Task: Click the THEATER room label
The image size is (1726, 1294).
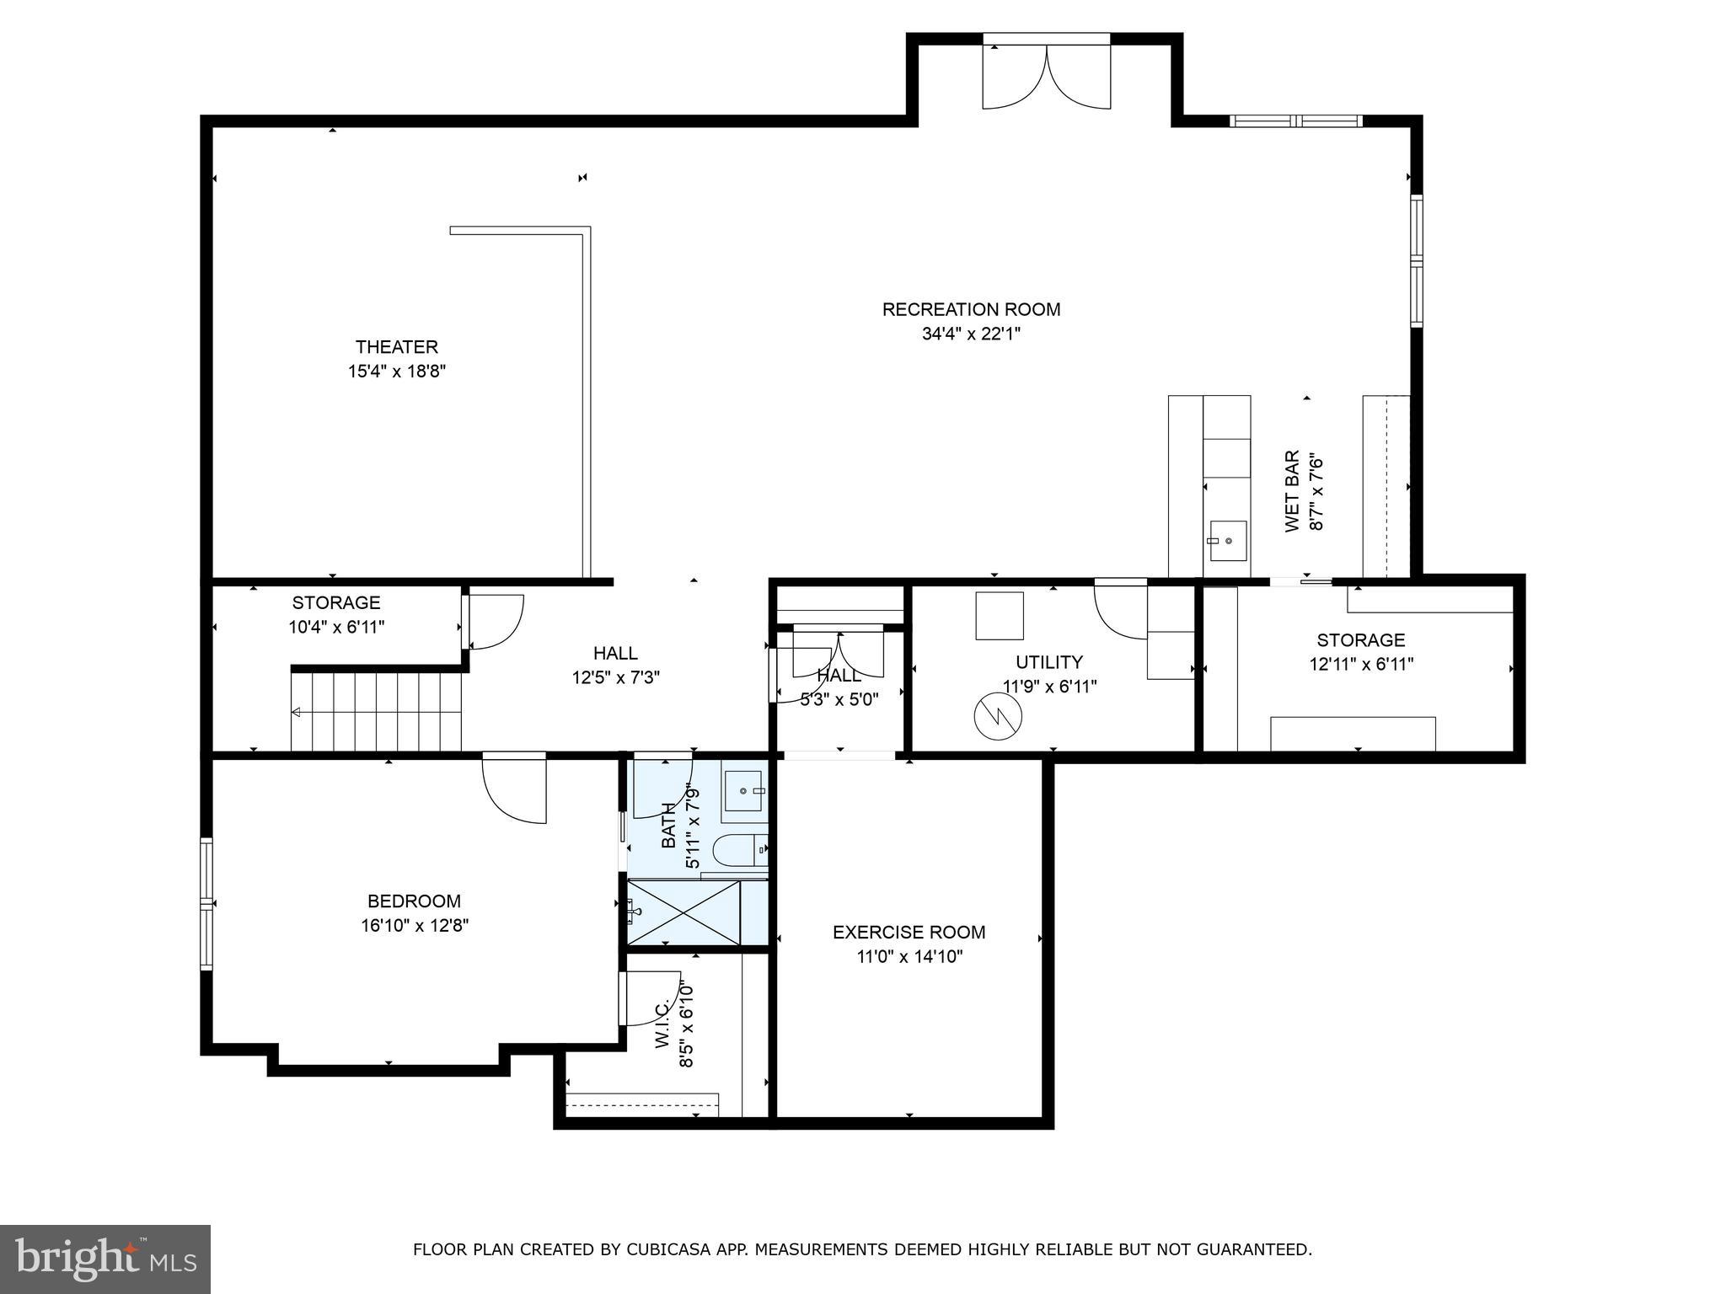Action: click(396, 347)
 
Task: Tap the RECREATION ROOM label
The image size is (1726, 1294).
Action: click(971, 309)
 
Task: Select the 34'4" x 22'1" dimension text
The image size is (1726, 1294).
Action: click(971, 334)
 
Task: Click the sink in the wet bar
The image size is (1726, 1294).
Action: click(1227, 540)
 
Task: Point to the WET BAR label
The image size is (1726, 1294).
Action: click(1292, 491)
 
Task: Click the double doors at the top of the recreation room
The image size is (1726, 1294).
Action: click(1047, 77)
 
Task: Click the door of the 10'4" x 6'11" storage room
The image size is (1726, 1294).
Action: click(496, 622)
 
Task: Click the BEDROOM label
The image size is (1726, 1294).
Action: click(414, 901)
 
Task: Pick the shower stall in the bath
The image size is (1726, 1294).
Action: click(683, 912)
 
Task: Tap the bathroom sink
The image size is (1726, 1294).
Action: click(746, 791)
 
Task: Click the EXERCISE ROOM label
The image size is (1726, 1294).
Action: click(909, 933)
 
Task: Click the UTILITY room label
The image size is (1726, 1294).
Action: click(1048, 662)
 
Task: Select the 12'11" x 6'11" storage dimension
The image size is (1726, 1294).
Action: click(1361, 665)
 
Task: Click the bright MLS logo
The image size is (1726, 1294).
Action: click(105, 1259)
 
